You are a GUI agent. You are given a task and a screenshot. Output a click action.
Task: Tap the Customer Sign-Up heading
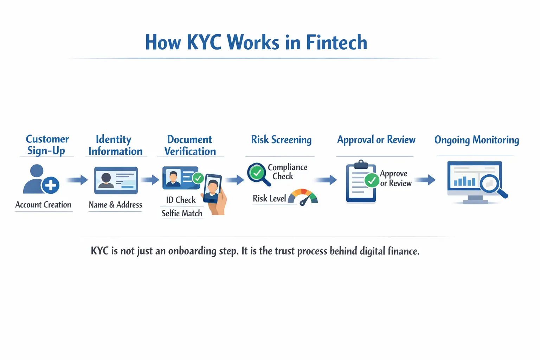click(47, 145)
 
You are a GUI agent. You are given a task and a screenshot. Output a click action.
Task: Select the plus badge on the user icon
click(51, 185)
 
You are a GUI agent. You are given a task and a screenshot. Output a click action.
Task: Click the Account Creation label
click(43, 205)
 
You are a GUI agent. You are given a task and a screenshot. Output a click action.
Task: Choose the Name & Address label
click(115, 205)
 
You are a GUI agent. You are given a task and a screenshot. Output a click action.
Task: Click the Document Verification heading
click(190, 145)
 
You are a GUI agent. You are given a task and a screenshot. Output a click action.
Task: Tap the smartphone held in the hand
click(212, 188)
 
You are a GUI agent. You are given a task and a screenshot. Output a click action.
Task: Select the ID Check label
click(181, 200)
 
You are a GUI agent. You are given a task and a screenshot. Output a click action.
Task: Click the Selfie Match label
click(182, 213)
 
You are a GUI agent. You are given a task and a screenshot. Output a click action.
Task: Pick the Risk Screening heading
click(281, 140)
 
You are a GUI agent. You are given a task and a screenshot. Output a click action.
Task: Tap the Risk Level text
click(269, 199)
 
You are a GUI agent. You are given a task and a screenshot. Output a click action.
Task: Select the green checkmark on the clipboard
click(372, 180)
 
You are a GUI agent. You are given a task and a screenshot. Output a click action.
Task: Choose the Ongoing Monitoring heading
click(477, 140)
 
